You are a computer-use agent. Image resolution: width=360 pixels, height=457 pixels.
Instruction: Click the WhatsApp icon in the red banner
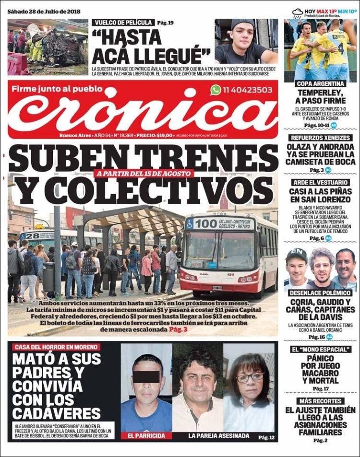[216, 90]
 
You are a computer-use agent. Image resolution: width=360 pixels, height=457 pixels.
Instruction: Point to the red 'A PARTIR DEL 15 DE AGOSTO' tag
[144, 174]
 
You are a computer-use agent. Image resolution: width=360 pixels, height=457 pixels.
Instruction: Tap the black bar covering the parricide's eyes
[146, 376]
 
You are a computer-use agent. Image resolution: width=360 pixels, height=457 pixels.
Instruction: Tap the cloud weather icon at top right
[298, 12]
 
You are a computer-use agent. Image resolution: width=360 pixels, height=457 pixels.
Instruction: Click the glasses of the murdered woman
[250, 377]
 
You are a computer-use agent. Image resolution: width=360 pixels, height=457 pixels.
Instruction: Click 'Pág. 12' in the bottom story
[266, 437]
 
